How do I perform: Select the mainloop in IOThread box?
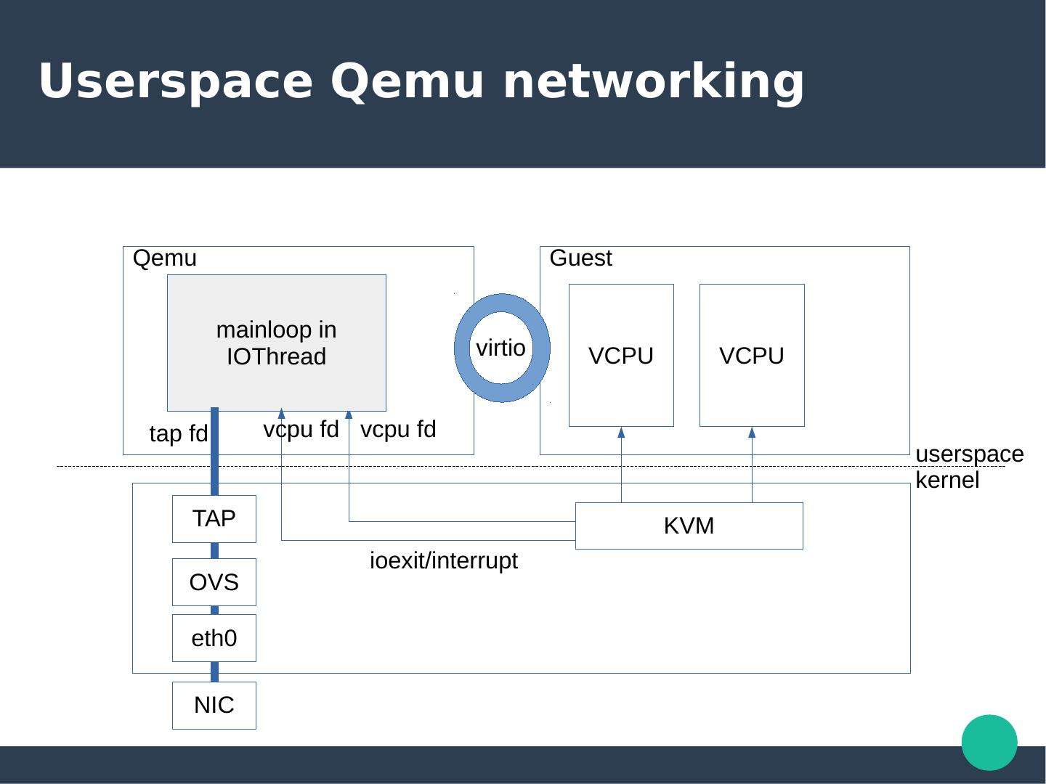277,343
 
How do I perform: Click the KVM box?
689,526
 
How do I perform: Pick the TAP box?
214,518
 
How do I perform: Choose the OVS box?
214,582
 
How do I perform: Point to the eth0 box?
214,638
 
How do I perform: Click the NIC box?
214,705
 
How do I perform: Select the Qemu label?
165,258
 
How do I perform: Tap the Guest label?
581,258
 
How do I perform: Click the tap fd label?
179,434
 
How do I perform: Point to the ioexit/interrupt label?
444,561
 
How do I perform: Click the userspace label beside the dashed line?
970,454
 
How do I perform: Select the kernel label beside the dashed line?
948,481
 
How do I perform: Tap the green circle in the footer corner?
989,742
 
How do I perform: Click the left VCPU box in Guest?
621,355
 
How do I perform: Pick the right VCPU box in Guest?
752,355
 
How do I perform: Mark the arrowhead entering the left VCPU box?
621,433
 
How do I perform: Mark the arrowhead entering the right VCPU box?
752,433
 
